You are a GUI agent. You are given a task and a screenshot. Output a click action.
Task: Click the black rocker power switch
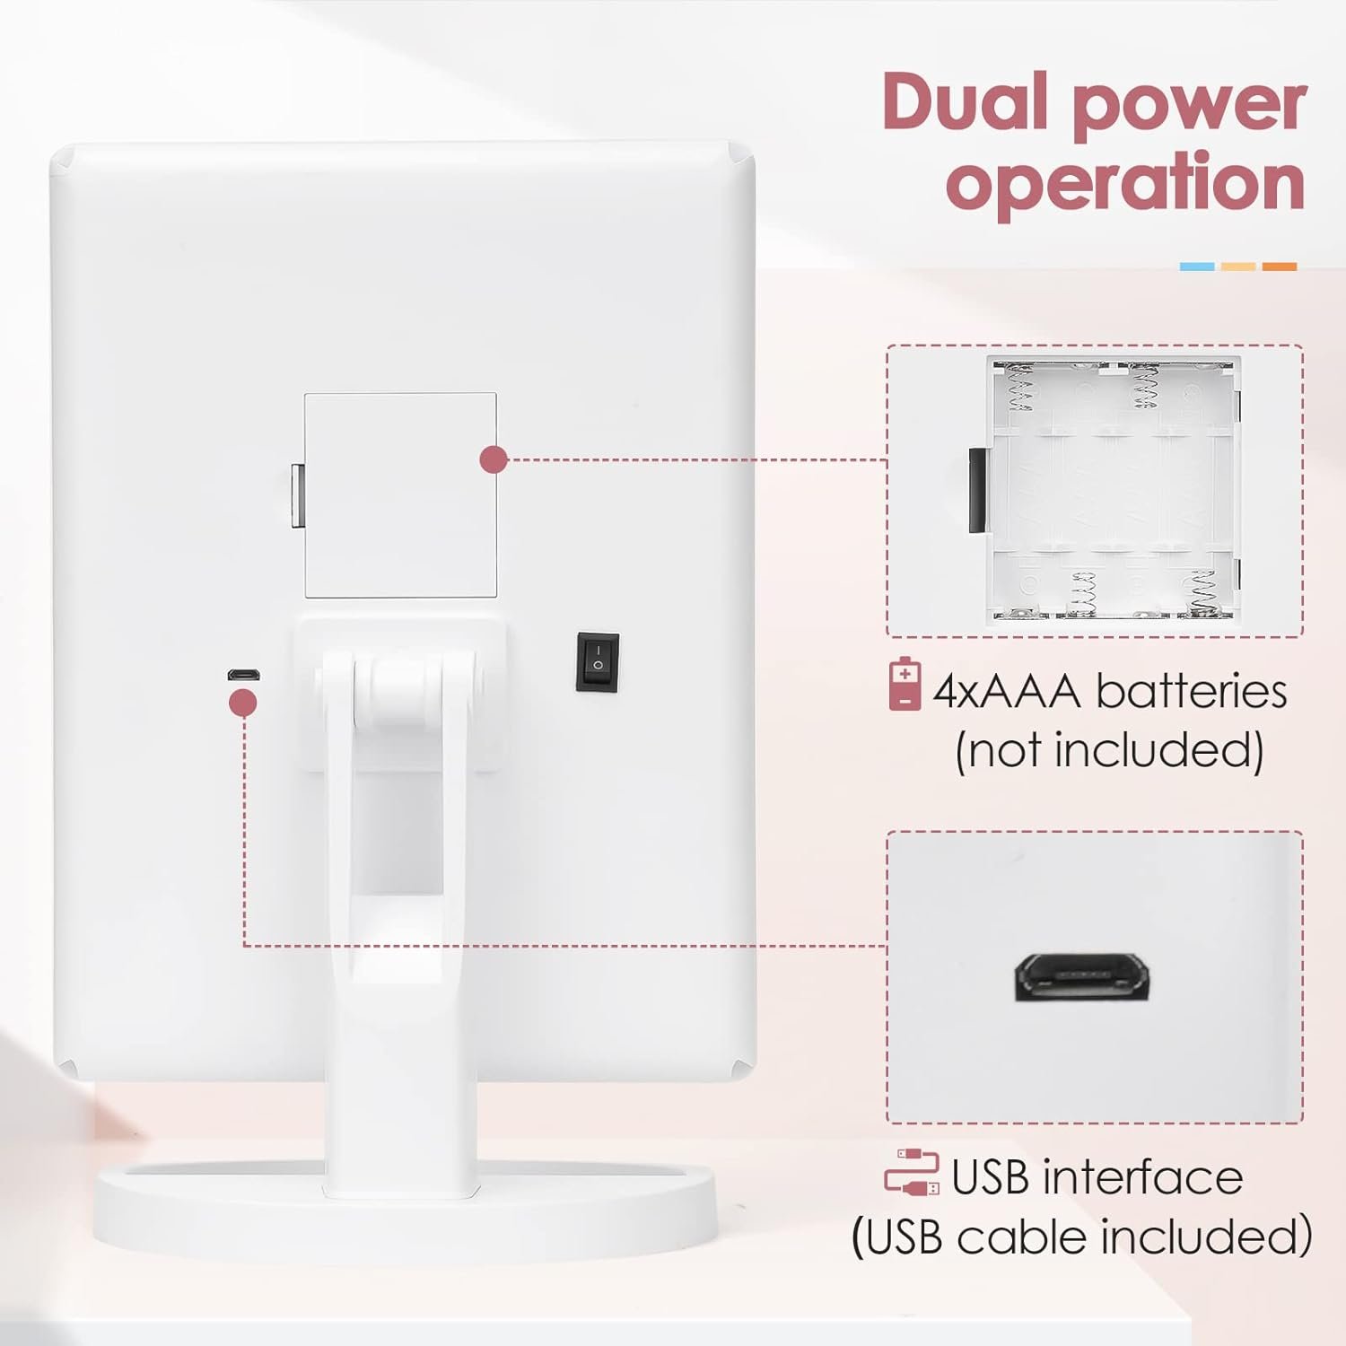tap(597, 662)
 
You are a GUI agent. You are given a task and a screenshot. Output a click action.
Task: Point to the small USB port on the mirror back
tap(242, 674)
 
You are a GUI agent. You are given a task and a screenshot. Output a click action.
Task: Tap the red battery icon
tap(905, 686)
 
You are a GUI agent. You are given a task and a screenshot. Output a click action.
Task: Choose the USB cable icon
tap(912, 1174)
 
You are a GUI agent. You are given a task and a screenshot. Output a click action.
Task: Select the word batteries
tap(1192, 691)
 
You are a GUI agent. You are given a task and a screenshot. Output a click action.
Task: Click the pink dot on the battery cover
tap(494, 459)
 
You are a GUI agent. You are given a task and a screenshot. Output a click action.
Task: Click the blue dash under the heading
tap(1196, 267)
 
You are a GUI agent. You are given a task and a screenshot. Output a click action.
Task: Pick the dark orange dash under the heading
tap(1280, 267)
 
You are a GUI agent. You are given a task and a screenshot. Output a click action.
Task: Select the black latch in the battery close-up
tap(976, 488)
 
